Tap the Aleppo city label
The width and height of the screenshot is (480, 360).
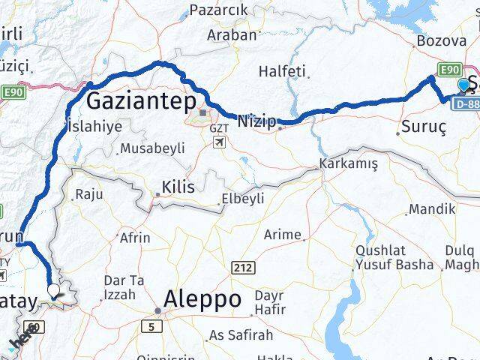pyautogui.click(x=199, y=299)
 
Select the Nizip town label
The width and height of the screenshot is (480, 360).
pyautogui.click(x=256, y=120)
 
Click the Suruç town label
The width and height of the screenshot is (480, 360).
pyautogui.click(x=424, y=127)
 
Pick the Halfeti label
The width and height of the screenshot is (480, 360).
pyautogui.click(x=282, y=71)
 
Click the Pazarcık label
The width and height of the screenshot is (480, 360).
pyautogui.click(x=218, y=10)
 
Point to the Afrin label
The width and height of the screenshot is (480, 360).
pyautogui.click(x=135, y=238)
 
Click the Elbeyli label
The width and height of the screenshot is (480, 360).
pyautogui.click(x=242, y=199)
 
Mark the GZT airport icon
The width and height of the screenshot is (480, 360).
pyautogui.click(x=218, y=143)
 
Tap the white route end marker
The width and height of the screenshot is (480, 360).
pyautogui.click(x=53, y=289)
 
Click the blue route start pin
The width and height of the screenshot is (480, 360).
pyautogui.click(x=464, y=85)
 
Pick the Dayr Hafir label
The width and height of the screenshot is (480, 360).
pyautogui.click(x=268, y=303)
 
